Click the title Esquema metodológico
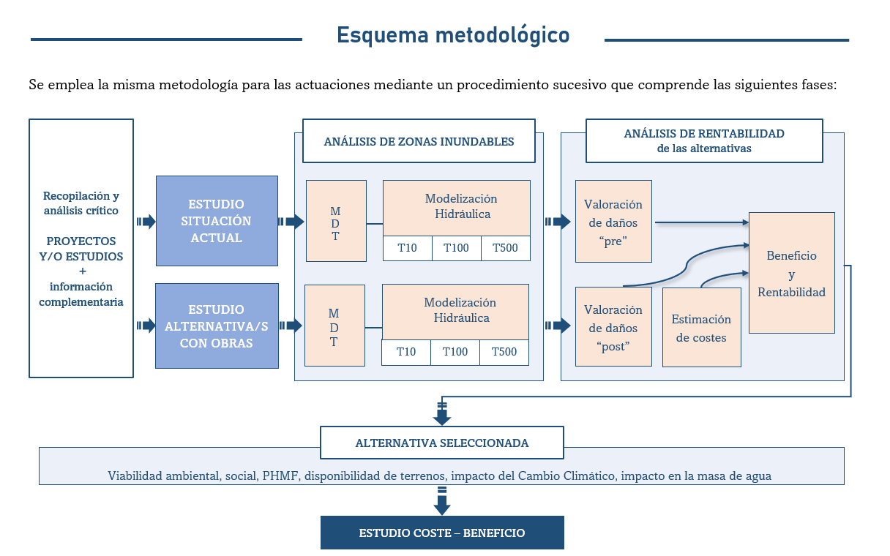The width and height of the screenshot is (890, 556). [x=453, y=35]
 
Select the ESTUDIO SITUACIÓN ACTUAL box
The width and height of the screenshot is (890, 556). [x=217, y=221]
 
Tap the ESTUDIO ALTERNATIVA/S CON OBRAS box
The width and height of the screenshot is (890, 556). [x=217, y=326]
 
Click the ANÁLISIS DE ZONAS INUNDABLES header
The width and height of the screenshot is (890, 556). [x=419, y=141]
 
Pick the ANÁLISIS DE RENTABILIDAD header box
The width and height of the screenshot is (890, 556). [x=704, y=140]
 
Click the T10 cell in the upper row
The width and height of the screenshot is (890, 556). [x=408, y=248]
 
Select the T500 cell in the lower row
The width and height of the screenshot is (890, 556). [x=504, y=352]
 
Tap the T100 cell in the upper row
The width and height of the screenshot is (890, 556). [x=456, y=248]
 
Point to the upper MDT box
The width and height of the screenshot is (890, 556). [x=336, y=221]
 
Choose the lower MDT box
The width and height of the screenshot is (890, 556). [x=334, y=326]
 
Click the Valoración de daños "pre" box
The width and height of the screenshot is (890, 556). [x=613, y=222]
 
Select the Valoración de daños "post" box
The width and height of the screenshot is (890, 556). [x=613, y=327]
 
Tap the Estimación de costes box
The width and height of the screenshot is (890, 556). [x=701, y=328]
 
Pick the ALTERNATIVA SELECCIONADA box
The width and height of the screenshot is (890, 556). [x=442, y=443]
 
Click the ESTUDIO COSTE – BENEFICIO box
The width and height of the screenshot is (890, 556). [x=442, y=533]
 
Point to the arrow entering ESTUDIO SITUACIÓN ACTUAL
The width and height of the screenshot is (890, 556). [x=146, y=221]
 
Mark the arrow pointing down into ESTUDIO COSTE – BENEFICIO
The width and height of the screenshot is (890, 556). [x=441, y=503]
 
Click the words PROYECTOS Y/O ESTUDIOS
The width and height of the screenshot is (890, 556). [x=81, y=249]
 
